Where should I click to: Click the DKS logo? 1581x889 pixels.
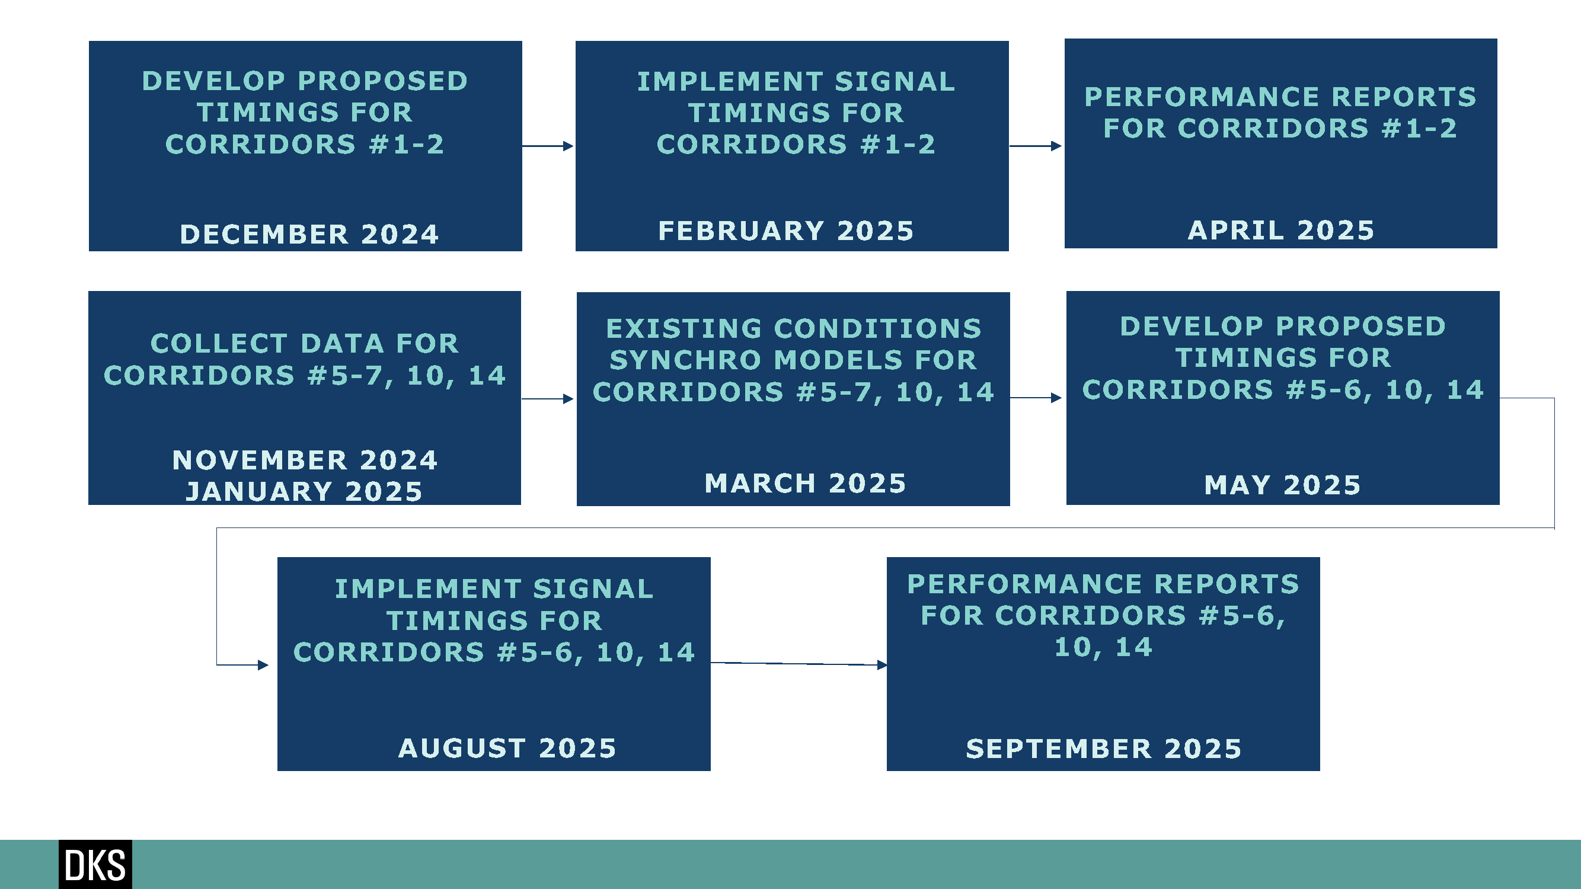coord(95,865)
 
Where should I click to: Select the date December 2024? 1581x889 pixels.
coord(309,234)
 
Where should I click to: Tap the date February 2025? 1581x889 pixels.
coord(786,231)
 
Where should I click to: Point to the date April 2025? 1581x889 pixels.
coord(1281,231)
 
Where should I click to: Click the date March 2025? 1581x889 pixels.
coord(805,484)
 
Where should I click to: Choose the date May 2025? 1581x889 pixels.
coord(1283,485)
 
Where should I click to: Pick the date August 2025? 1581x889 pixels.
coord(507,749)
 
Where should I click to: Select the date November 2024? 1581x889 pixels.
coord(305,460)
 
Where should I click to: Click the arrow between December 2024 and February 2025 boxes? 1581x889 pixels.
coord(548,146)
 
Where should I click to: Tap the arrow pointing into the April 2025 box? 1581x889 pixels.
coord(1036,146)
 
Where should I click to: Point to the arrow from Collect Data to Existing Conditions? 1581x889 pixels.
coord(548,399)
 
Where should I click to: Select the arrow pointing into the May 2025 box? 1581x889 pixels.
coord(1036,398)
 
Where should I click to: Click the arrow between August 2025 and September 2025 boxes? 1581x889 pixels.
coord(799,664)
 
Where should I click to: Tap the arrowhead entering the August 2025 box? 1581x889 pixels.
coord(263,665)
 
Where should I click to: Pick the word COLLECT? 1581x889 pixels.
coord(219,344)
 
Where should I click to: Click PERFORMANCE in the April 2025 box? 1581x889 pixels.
coord(1202,97)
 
